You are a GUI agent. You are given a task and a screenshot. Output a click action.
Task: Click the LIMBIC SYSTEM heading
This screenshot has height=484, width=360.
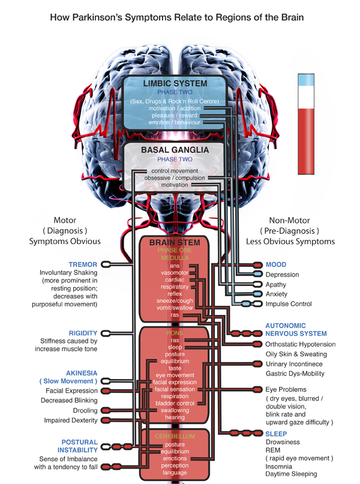tap(175, 83)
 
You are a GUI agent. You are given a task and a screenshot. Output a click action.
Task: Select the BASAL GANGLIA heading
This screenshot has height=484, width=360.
tap(175, 150)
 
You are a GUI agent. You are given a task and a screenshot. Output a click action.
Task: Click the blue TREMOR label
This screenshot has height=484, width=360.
tap(83, 264)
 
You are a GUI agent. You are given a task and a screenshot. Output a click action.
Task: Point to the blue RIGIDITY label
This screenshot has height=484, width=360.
tap(83, 333)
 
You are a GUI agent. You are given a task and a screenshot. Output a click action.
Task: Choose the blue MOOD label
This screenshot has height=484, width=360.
tap(276, 264)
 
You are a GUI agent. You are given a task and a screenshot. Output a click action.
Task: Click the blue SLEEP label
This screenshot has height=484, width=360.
tap(276, 434)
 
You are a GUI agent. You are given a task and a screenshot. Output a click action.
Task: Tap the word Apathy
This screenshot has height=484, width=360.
tap(276, 285)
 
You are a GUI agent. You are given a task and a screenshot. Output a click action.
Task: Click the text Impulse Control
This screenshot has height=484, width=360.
tap(289, 304)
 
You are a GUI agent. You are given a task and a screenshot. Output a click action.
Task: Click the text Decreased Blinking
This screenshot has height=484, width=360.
tap(69, 400)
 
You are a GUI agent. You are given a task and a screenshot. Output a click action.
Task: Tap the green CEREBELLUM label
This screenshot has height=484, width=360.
tap(175, 435)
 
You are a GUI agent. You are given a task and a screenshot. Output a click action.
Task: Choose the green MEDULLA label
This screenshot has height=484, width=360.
tap(175, 257)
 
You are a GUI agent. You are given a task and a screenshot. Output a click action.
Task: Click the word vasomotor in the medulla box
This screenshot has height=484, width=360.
tap(175, 272)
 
